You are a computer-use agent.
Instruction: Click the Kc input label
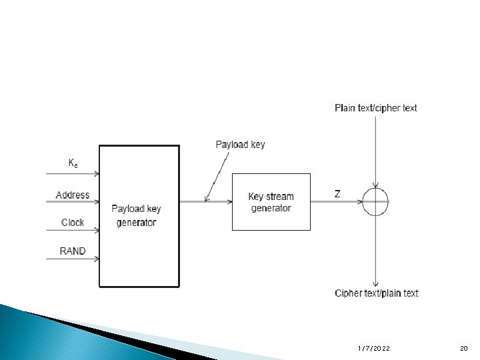click(x=73, y=163)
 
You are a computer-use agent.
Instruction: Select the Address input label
click(x=73, y=195)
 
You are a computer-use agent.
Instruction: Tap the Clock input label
click(x=73, y=223)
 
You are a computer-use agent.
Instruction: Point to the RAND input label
click(x=73, y=251)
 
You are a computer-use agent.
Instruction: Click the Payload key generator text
click(x=136, y=215)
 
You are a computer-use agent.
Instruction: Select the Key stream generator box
click(x=271, y=202)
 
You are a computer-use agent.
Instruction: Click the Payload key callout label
click(x=240, y=145)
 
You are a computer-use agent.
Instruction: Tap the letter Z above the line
click(x=337, y=194)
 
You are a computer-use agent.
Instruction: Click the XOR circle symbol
click(x=376, y=202)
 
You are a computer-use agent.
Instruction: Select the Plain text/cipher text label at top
click(x=376, y=108)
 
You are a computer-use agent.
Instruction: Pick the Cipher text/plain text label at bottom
click(x=377, y=293)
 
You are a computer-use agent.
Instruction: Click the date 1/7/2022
click(x=374, y=349)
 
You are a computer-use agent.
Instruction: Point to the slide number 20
click(x=464, y=349)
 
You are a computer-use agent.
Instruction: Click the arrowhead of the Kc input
click(x=97, y=173)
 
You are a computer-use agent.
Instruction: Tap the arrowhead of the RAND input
click(x=97, y=259)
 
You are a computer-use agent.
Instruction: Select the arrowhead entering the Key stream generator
click(x=229, y=202)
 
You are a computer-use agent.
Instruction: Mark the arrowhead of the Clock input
click(x=97, y=231)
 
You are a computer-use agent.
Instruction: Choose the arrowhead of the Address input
click(x=97, y=202)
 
